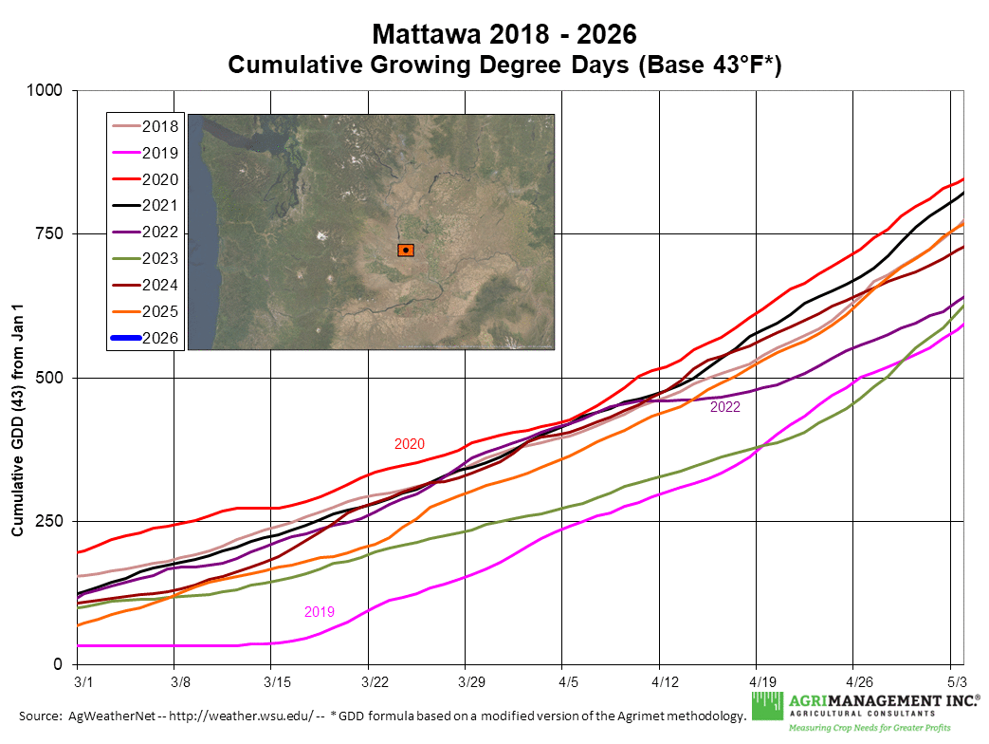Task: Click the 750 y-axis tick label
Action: (49, 234)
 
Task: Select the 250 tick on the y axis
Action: (49, 522)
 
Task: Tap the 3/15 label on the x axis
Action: (276, 681)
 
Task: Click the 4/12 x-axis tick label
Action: (665, 681)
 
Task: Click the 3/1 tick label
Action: (82, 681)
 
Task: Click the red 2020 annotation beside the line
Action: (410, 444)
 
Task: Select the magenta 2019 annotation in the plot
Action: (320, 612)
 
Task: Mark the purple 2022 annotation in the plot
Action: (724, 407)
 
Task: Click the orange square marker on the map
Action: (406, 251)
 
